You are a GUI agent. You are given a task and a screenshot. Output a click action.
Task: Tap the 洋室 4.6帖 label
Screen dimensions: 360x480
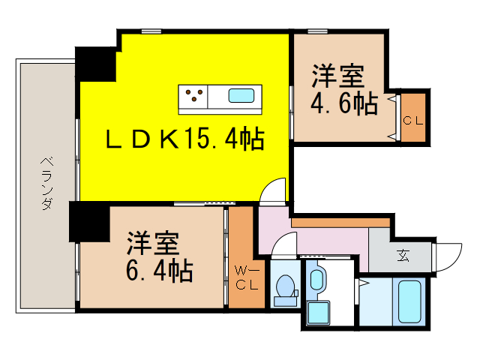(x=339, y=91)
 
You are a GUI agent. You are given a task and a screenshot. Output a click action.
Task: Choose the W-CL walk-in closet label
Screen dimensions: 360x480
(x=246, y=277)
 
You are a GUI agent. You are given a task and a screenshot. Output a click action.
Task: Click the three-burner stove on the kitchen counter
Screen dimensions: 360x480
(x=194, y=96)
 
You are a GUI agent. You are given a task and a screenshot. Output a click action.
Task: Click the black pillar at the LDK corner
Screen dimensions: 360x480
(x=95, y=63)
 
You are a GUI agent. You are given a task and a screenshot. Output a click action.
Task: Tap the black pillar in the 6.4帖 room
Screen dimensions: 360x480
(x=89, y=223)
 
